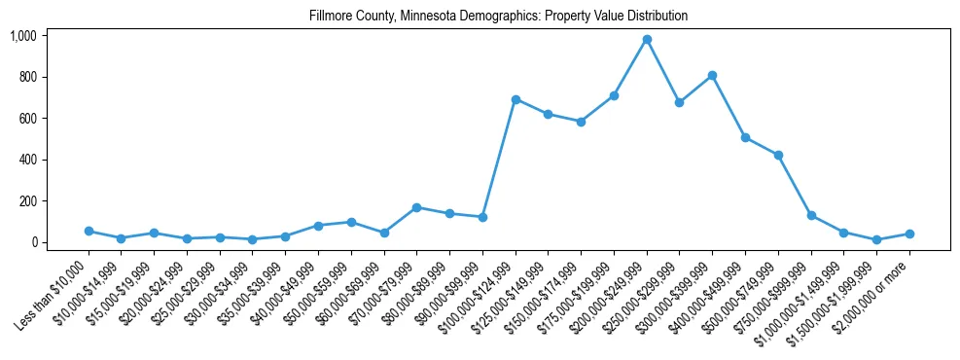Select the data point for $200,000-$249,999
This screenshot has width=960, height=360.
pos(647,40)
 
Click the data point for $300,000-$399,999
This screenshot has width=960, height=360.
pos(713,75)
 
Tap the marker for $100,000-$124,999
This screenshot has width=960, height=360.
pos(516,99)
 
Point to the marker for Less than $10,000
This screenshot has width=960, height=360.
pos(89,231)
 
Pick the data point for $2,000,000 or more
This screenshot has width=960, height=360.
pos(909,234)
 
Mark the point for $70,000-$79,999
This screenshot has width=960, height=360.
pos(416,207)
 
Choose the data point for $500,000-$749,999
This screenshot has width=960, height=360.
pos(778,155)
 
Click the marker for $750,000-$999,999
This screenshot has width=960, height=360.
pos(811,216)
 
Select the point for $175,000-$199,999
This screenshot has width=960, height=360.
pos(614,95)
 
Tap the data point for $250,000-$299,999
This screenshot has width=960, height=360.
pos(680,102)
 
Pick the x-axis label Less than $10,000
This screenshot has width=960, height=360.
pos(53,292)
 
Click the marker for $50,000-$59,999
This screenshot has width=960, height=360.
pos(351,222)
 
